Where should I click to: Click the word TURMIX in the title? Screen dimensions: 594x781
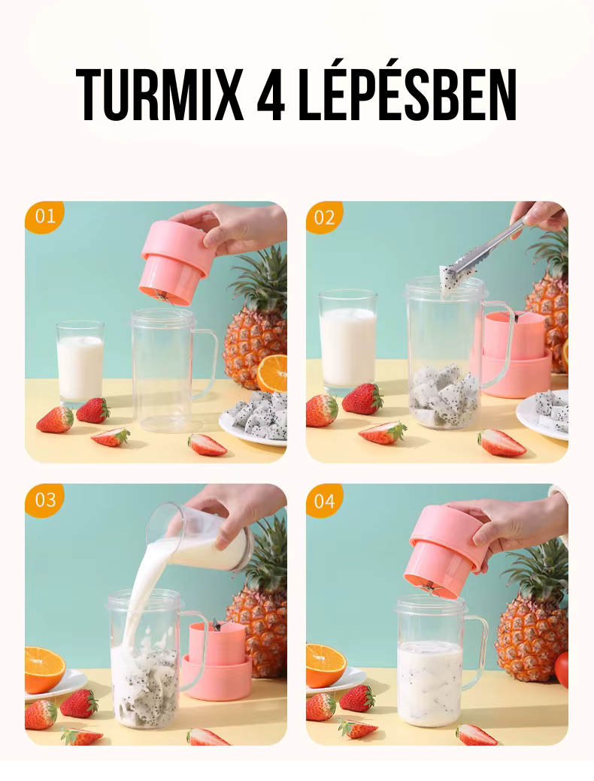click(159, 94)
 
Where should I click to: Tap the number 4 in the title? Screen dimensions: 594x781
click(271, 94)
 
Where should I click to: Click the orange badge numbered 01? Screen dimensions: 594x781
click(44, 216)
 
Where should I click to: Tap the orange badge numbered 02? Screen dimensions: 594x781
click(324, 217)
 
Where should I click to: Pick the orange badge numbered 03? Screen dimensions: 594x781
click(45, 499)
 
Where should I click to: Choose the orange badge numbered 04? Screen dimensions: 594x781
click(325, 500)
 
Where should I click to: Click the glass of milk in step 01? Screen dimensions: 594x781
click(80, 362)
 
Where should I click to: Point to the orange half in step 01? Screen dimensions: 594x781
click(272, 372)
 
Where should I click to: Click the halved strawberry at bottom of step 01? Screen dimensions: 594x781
click(207, 445)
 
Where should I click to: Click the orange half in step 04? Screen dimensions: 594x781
click(326, 665)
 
